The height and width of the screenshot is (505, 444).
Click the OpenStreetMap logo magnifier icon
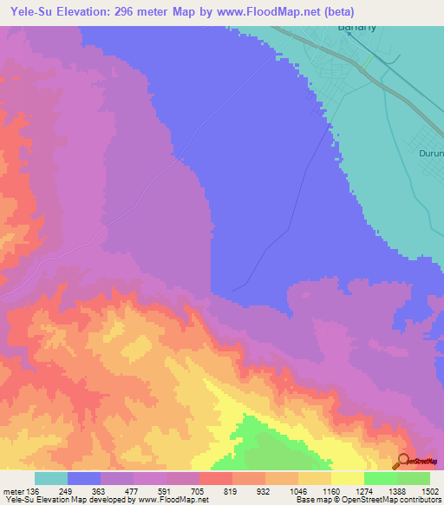point(402,462)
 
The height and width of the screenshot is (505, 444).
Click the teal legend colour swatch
point(51,478)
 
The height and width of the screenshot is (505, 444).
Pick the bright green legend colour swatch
point(381,478)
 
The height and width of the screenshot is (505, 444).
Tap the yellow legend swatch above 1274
point(348,478)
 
